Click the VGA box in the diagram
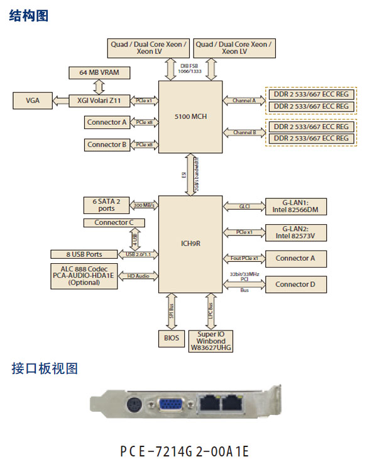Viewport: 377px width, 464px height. tap(32, 100)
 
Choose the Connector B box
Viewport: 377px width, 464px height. tap(106, 145)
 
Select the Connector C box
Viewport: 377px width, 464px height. tap(114, 223)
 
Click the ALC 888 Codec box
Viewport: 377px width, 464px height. tap(84, 276)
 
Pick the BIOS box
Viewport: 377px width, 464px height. tap(172, 338)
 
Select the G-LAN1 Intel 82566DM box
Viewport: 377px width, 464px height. tap(296, 206)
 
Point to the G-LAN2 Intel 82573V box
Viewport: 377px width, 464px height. tap(296, 232)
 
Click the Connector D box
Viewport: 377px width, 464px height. tap(296, 285)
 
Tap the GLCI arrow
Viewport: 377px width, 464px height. tap(244, 206)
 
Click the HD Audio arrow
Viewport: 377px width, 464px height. tap(138, 276)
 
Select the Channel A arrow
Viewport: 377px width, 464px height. tap(244, 100)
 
